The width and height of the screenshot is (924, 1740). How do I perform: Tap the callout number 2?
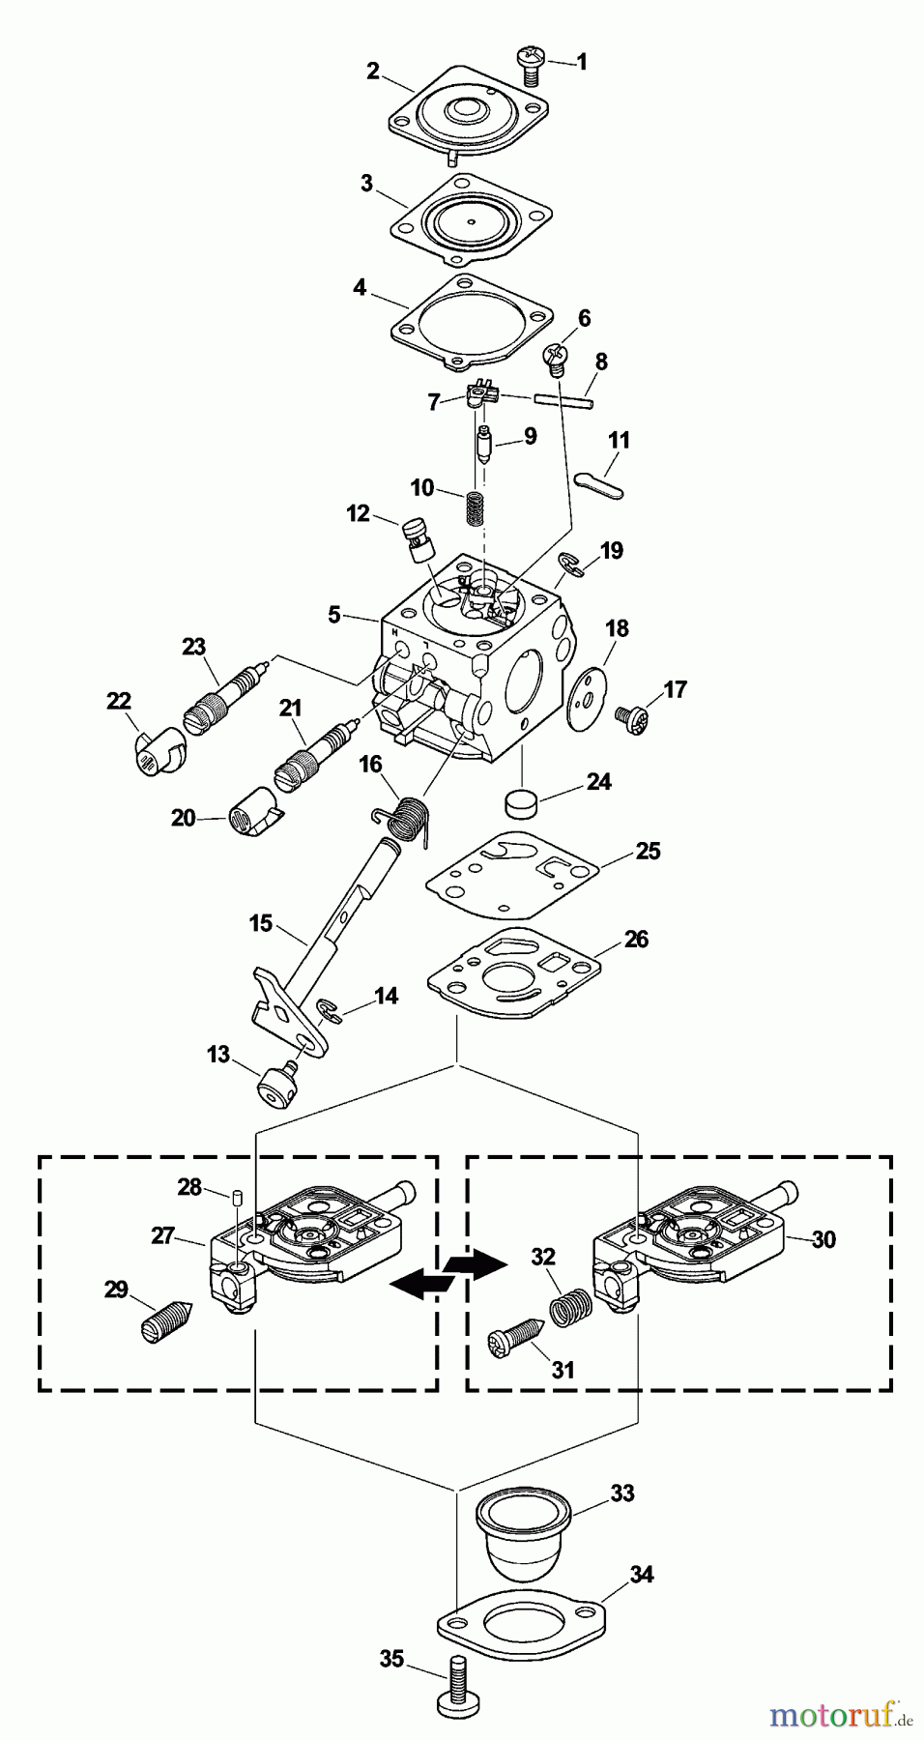click(x=373, y=71)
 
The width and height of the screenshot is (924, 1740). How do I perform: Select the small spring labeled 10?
click(x=475, y=508)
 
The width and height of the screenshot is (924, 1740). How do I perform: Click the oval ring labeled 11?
click(x=599, y=483)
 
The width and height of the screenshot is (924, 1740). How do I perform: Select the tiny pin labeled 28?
click(x=234, y=1198)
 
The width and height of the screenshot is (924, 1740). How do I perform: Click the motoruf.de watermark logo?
click(x=840, y=1716)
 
